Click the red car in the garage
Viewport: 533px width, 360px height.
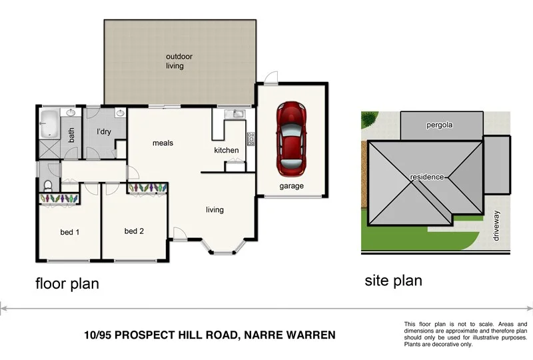[290, 135]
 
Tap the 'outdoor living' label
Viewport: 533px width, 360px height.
[176, 61]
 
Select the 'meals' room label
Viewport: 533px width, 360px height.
[163, 143]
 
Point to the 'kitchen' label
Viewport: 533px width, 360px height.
[227, 150]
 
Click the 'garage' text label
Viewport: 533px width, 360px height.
[291, 186]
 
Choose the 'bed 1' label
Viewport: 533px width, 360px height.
[70, 232]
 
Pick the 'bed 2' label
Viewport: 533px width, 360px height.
[134, 231]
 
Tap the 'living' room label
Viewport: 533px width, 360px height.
[215, 210]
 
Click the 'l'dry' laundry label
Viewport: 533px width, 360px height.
[103, 132]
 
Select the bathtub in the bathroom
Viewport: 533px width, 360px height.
[49, 125]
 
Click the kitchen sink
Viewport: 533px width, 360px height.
[234, 115]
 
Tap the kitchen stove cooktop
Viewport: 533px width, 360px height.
[251, 139]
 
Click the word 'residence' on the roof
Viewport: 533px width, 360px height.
[427, 177]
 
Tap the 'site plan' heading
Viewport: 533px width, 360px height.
[393, 281]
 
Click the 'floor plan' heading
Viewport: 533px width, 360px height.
[67, 283]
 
